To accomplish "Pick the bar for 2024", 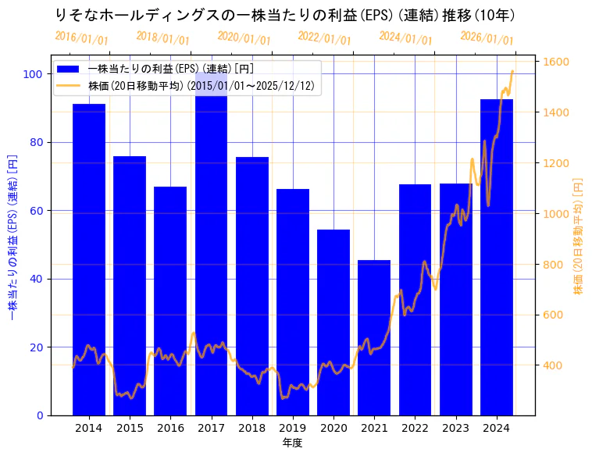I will click(x=497, y=258).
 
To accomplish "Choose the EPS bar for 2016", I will click(x=170, y=301).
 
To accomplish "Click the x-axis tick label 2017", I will click(x=211, y=428).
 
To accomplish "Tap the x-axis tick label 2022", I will click(x=415, y=428).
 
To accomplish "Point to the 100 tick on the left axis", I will click(x=33, y=74).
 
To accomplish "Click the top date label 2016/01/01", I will click(x=82, y=37).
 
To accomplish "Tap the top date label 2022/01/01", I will click(x=325, y=37).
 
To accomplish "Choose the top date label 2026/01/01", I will click(x=487, y=37).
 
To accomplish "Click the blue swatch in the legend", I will click(x=69, y=69).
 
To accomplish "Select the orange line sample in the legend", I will click(x=69, y=86).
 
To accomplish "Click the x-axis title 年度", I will click(x=293, y=443).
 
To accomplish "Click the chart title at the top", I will click(x=285, y=15).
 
